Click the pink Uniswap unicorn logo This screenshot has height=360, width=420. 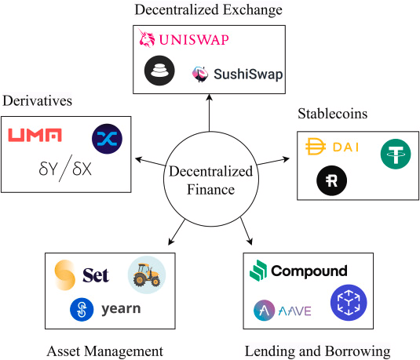point(147,38)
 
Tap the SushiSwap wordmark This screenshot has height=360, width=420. point(248,75)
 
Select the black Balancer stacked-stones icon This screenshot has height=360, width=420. point(159,71)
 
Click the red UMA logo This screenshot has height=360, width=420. point(35,135)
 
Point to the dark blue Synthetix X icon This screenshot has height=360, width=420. point(107,139)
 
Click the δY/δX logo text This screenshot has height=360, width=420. point(65,169)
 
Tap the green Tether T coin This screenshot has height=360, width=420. point(396,154)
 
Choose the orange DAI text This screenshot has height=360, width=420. point(345,147)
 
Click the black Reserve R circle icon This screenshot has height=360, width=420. point(331,180)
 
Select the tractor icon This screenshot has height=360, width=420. point(147,275)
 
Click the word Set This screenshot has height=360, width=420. point(96,275)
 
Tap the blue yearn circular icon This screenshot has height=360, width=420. point(82,310)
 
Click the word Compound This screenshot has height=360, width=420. point(309,271)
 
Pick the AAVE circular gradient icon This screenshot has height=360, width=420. point(264,311)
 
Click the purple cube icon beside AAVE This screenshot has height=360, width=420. point(349,303)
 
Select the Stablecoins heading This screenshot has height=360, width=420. point(332,114)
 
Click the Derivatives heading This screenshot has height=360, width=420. point(37,101)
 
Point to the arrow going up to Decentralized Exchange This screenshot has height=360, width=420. point(209,113)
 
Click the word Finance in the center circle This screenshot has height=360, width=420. point(210,190)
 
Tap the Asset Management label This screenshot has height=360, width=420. point(105,351)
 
